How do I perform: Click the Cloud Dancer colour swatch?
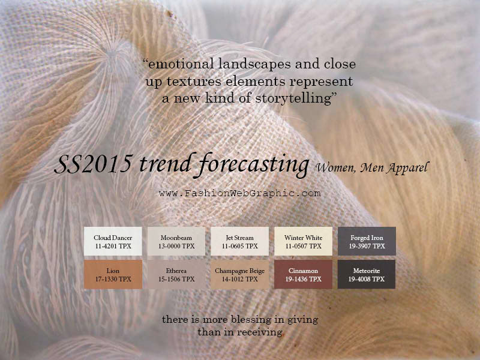click(113, 241)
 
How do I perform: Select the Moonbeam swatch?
click(176, 241)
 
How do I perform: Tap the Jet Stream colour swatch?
click(239, 241)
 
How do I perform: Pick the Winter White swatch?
click(303, 241)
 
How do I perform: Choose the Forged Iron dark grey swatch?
click(367, 241)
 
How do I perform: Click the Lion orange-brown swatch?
click(113, 274)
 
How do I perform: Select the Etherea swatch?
click(176, 274)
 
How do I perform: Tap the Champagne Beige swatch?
click(239, 274)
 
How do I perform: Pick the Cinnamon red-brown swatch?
click(303, 274)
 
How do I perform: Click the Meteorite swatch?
click(367, 274)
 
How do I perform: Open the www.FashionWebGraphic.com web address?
click(239, 193)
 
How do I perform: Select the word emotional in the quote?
click(181, 64)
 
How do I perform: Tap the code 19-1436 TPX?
click(304, 279)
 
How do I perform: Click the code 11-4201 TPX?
click(113, 246)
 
